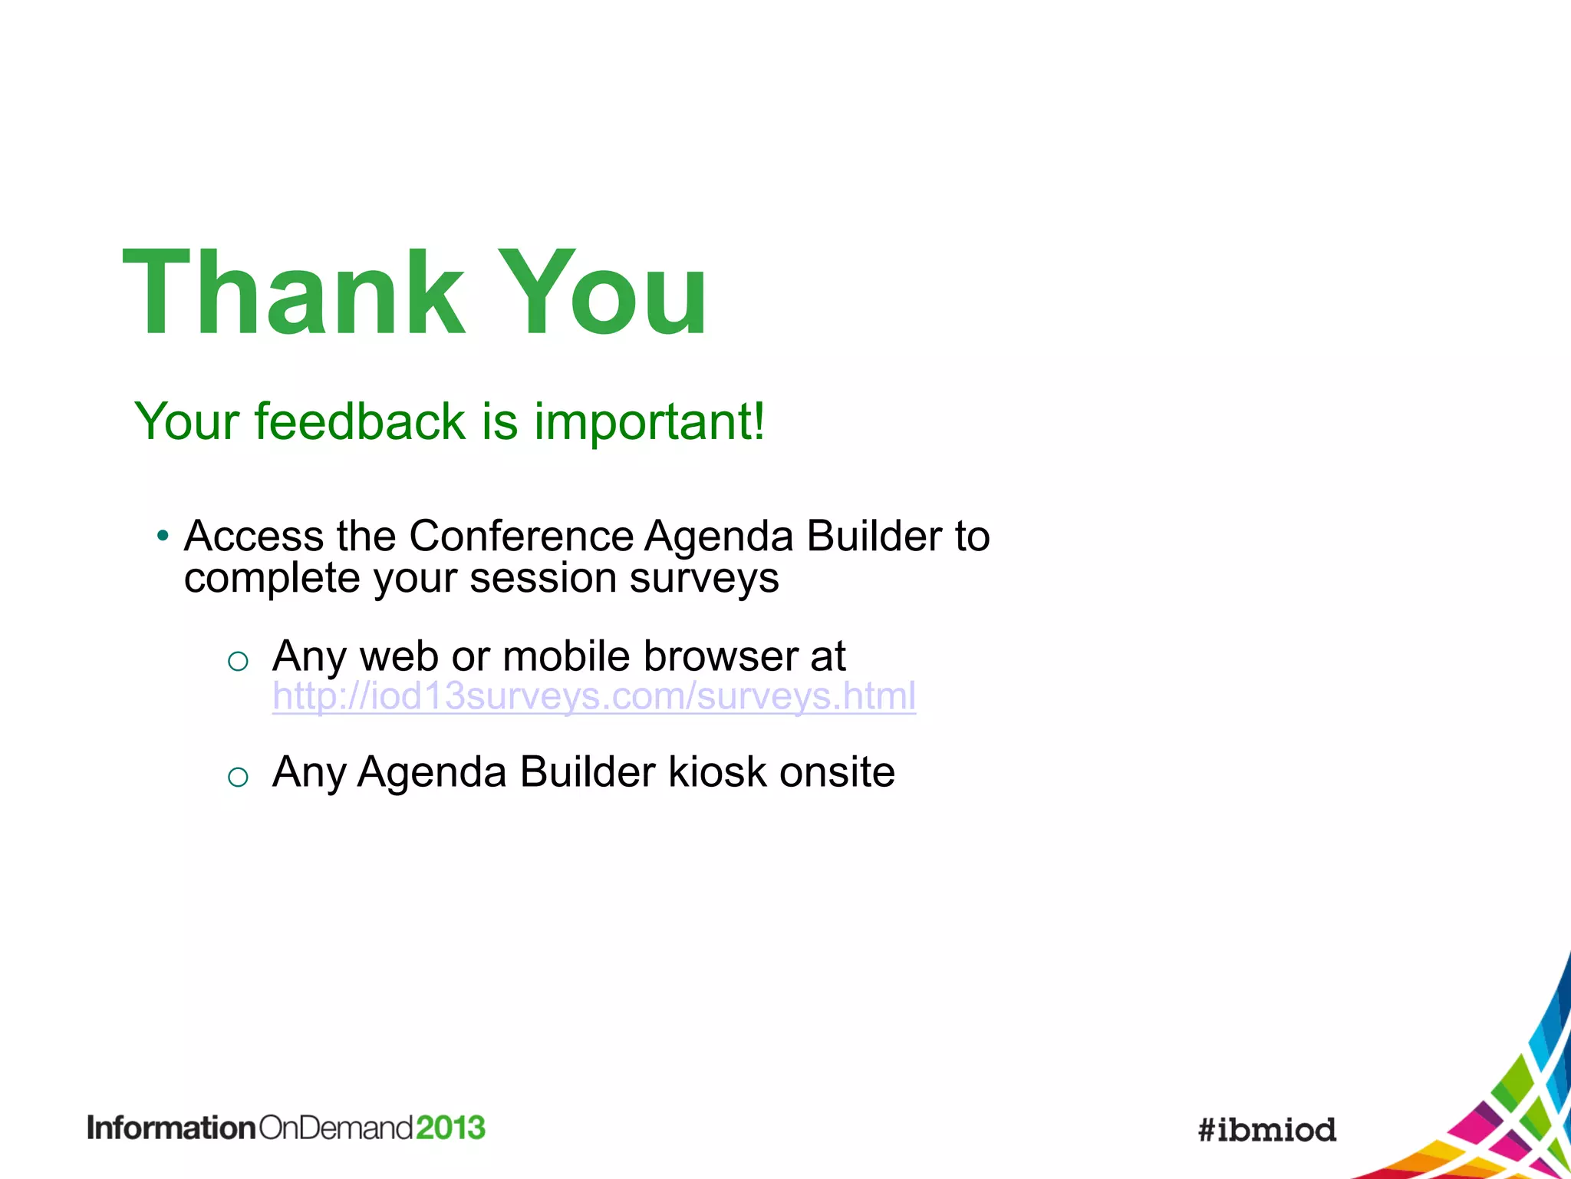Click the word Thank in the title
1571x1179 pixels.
(294, 293)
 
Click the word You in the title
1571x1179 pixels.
(604, 293)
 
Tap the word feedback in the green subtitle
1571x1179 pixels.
(360, 421)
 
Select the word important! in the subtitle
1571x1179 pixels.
(649, 423)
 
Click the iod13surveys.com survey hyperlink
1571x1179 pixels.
(594, 696)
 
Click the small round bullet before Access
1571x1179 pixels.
(162, 536)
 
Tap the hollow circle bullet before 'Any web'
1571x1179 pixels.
(238, 661)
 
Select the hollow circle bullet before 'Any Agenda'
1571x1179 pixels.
(238, 777)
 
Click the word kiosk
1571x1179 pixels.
(717, 771)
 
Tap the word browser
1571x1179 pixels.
(721, 656)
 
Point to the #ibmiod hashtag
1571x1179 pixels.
(1267, 1130)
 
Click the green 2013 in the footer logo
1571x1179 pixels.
(451, 1128)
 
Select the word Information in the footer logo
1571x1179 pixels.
(171, 1128)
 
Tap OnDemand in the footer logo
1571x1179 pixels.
(336, 1128)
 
